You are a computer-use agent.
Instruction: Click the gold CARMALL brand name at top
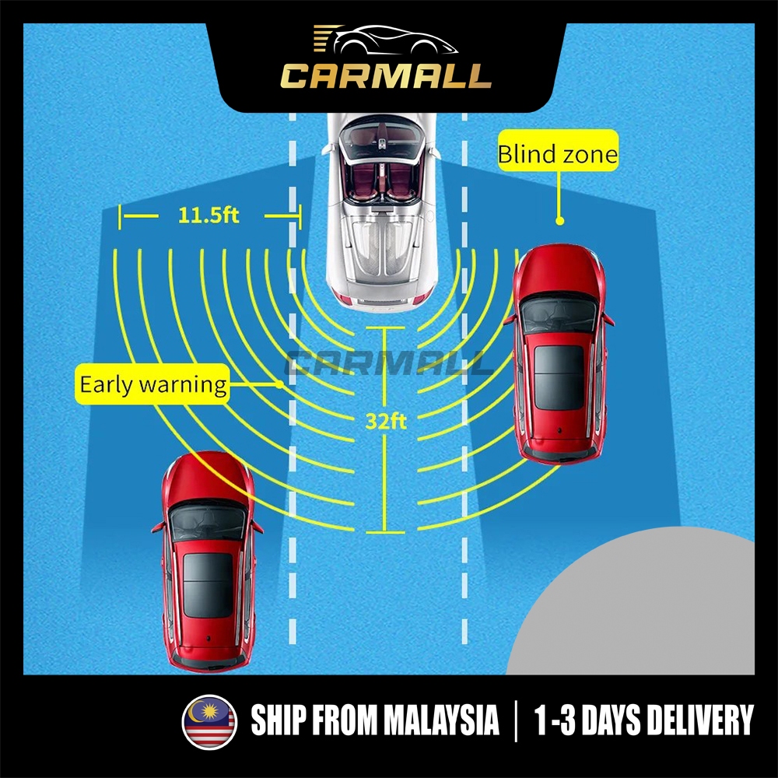[386, 75]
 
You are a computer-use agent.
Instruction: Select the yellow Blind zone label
[558, 155]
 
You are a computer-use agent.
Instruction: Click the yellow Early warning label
[153, 384]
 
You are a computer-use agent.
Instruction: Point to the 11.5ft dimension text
[209, 216]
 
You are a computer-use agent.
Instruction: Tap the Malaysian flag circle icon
[209, 720]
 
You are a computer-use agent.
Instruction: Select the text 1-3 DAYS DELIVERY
[644, 720]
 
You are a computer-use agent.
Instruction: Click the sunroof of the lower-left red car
[208, 586]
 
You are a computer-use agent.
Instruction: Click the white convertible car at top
[382, 210]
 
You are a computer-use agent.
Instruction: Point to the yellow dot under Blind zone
[559, 221]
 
